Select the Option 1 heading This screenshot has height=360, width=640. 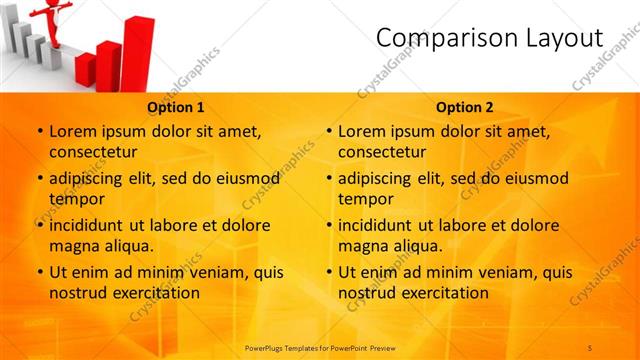176,107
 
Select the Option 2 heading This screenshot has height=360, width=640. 465,107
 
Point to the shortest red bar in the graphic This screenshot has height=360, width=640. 85,70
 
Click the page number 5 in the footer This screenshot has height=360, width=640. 590,347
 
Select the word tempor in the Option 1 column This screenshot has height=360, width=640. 76,199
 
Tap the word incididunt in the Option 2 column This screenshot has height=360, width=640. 378,225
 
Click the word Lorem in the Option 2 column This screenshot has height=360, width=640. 361,131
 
